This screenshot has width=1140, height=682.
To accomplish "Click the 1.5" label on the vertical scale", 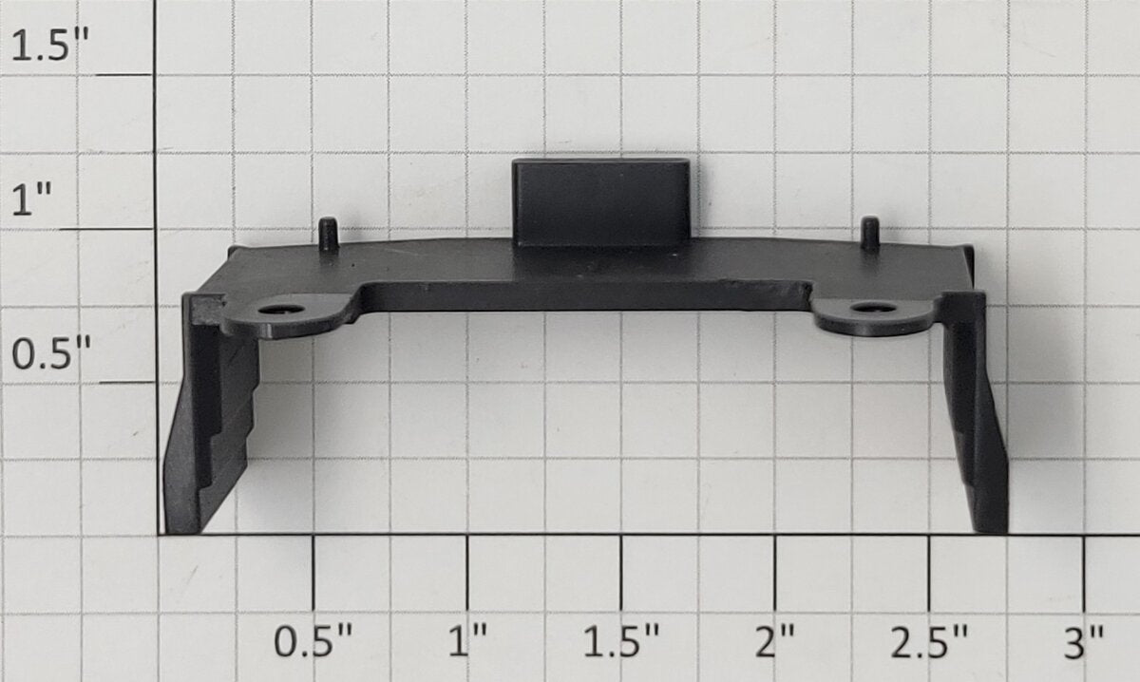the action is click(49, 45).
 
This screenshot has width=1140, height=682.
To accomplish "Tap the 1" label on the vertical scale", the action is click(31, 199).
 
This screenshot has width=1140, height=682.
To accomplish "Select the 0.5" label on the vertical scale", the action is click(51, 352).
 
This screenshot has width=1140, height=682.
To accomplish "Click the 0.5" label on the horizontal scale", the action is click(313, 641).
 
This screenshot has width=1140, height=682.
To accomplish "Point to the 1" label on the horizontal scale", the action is click(467, 641).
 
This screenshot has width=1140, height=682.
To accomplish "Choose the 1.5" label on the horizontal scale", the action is click(621, 641).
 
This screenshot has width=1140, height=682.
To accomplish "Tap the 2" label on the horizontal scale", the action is click(775, 641).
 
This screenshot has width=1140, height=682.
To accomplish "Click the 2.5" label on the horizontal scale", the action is click(929, 641).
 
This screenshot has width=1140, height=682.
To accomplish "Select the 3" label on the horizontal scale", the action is click(1084, 641).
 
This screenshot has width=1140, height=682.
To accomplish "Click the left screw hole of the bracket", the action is click(280, 309).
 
